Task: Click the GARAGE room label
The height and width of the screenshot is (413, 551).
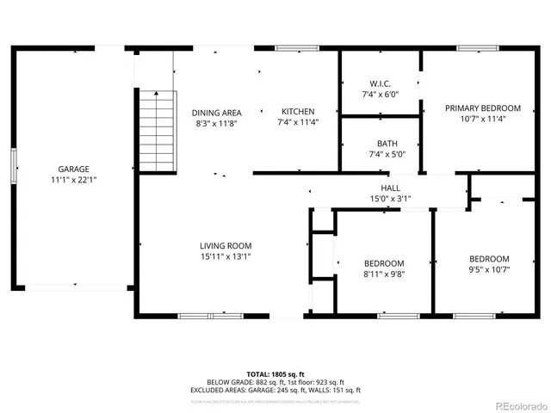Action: click(x=73, y=169)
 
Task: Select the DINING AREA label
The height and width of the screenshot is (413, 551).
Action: click(x=216, y=112)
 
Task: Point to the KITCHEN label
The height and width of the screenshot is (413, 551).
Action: click(x=298, y=112)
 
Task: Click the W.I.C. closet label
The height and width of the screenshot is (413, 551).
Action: click(x=380, y=83)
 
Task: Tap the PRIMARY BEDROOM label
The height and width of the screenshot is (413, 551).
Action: click(x=482, y=108)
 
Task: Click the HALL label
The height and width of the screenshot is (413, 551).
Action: click(x=390, y=188)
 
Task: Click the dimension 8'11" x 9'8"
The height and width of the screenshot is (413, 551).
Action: click(x=383, y=274)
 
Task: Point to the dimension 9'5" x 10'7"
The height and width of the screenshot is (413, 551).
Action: click(x=488, y=269)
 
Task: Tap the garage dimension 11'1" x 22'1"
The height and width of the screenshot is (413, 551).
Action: click(x=73, y=180)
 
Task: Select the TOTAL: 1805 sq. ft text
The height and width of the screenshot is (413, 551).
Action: click(x=275, y=374)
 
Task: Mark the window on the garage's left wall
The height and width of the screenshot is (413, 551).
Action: click(x=13, y=164)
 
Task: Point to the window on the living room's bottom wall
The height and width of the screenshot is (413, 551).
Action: click(x=211, y=316)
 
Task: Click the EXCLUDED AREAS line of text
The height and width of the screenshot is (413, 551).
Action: click(x=275, y=390)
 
